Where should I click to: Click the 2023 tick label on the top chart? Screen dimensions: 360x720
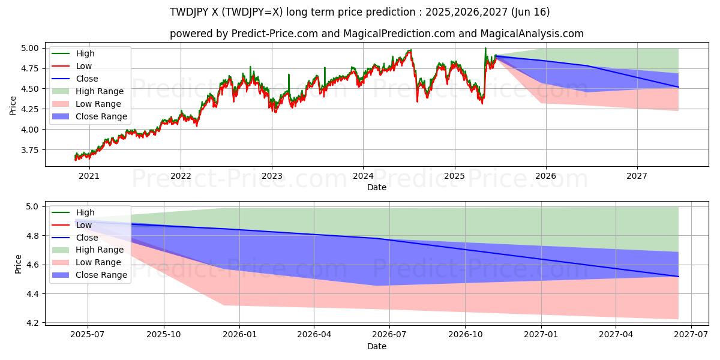[x=272, y=176]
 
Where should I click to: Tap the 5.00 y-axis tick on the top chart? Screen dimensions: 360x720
[x=29, y=48]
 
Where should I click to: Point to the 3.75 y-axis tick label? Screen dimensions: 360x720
[x=29, y=150]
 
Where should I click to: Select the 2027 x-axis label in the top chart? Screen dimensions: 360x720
[x=637, y=176]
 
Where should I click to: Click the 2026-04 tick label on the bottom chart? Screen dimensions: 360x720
[x=314, y=335]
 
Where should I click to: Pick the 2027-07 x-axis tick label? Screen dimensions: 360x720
[x=691, y=335]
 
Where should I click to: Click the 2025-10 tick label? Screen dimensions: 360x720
[x=163, y=335]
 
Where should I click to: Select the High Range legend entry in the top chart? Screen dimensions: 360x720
[x=100, y=91]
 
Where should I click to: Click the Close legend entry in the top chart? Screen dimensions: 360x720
[x=87, y=79]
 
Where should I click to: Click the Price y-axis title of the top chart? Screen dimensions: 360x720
[x=13, y=106]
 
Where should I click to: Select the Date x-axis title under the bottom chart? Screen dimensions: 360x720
[x=377, y=346]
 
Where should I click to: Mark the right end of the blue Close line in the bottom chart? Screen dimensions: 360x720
[x=678, y=277]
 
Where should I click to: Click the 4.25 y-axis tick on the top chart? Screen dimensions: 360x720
[x=29, y=109]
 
